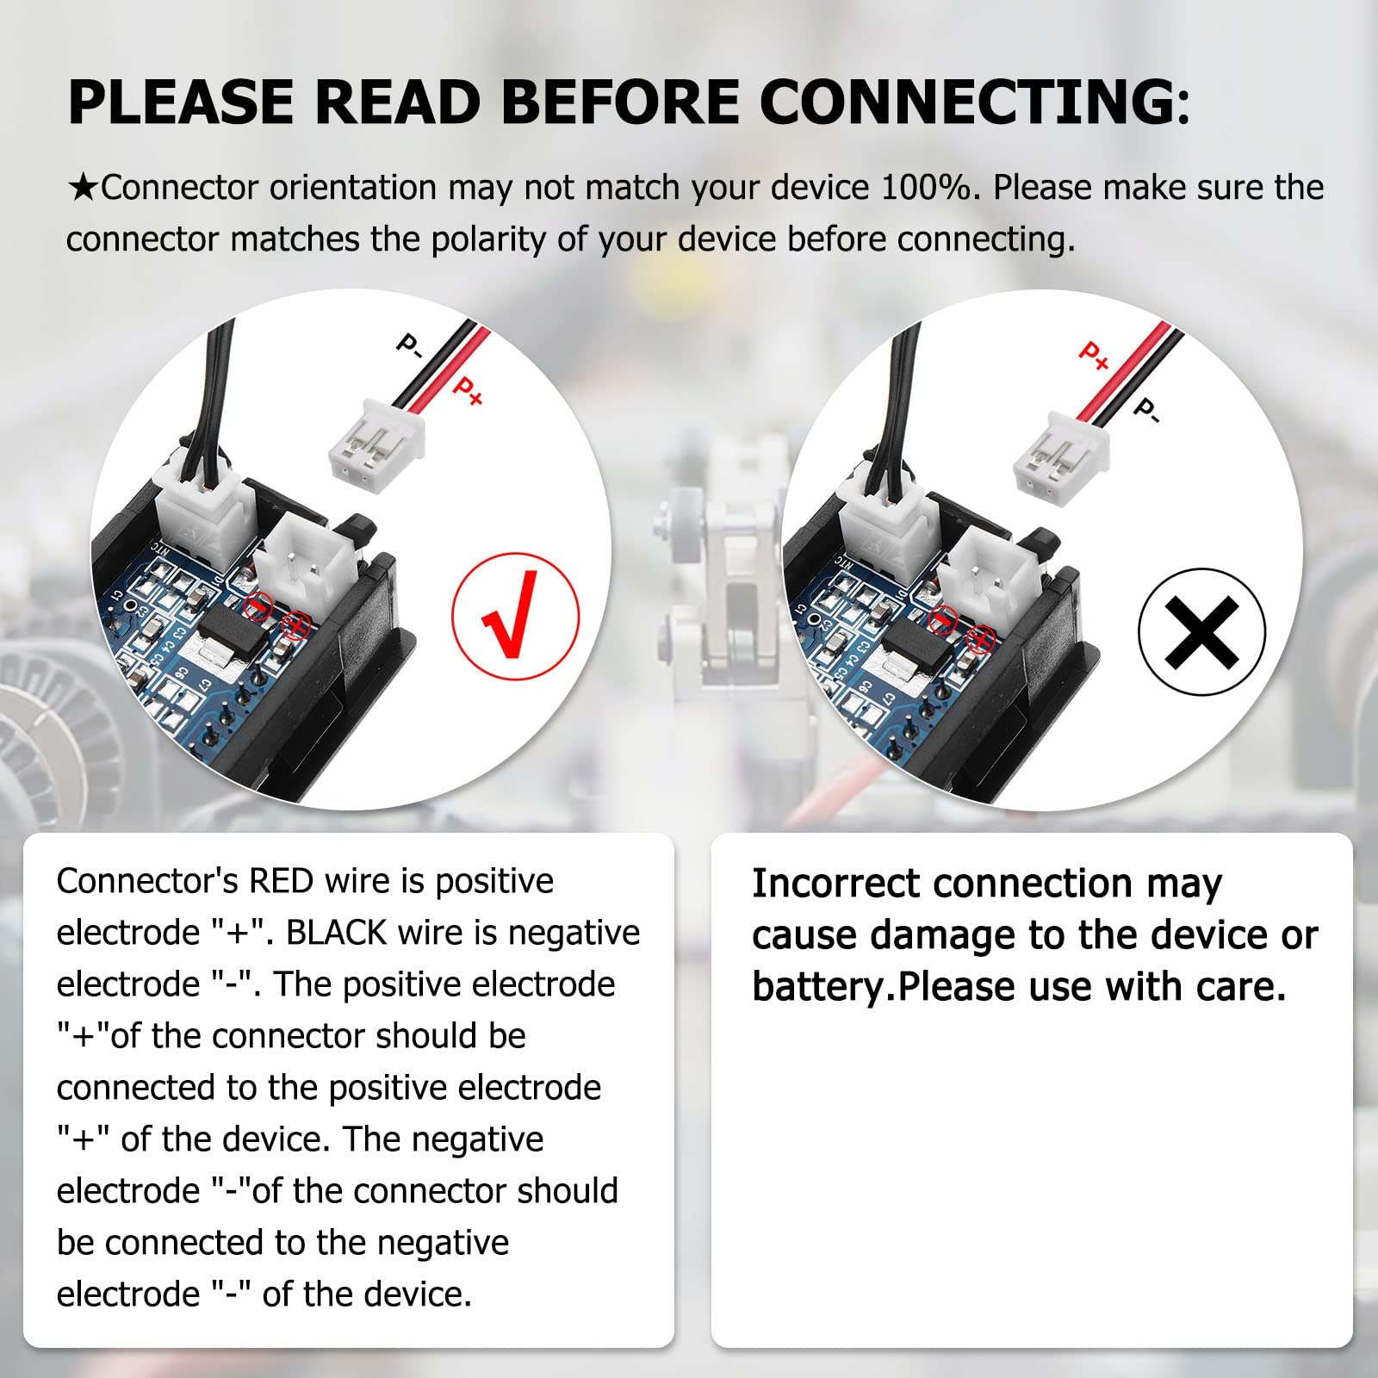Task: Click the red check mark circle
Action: point(515,616)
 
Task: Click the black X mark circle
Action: point(1201,632)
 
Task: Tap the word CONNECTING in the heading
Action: point(973,102)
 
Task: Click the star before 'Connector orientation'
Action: point(83,189)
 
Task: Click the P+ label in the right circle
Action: point(1094,355)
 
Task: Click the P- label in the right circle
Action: point(1146,410)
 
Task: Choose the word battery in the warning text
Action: point(818,987)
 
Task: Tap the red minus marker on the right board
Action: point(944,617)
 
